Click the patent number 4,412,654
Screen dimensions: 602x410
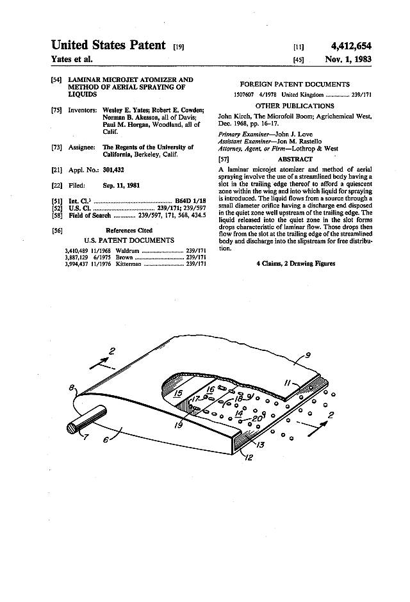coord(351,45)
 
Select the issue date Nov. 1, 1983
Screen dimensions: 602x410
coord(348,59)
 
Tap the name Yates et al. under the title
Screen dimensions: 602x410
coord(72,59)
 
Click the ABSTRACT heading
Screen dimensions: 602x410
coord(295,159)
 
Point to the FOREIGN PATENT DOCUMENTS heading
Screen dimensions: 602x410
coord(295,84)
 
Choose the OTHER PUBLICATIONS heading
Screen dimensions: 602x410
coord(295,106)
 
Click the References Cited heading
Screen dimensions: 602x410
coord(129,230)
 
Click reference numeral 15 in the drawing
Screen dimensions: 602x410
coord(179,393)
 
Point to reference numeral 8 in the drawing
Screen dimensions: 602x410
coord(73,388)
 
